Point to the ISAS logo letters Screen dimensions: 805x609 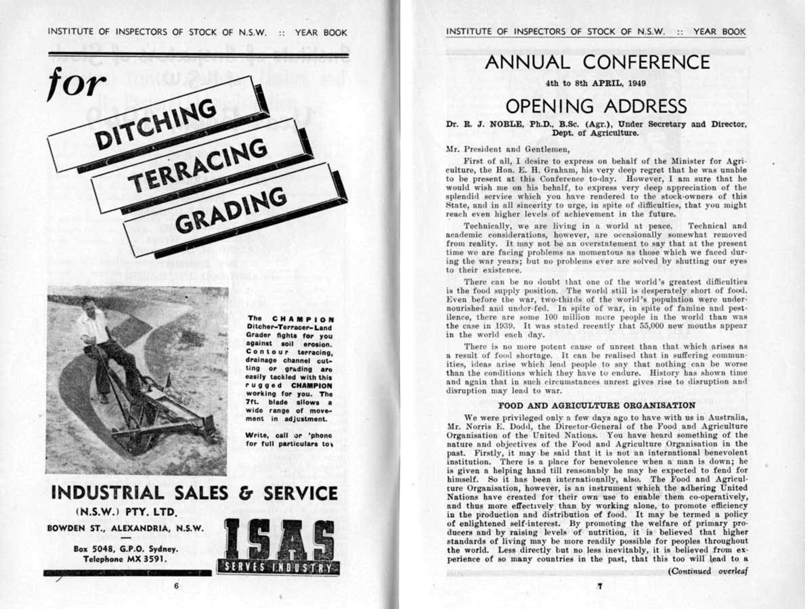pyautogui.click(x=278, y=541)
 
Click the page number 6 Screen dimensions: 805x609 pyautogui.click(x=177, y=586)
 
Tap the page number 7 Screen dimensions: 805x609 pyautogui.click(x=599, y=587)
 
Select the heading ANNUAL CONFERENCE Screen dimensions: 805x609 pyautogui.click(x=597, y=62)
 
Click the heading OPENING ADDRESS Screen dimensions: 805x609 pyautogui.click(x=596, y=106)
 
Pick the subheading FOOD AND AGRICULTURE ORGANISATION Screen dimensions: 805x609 pyautogui.click(x=596, y=405)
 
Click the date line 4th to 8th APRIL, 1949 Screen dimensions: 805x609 pyautogui.click(x=596, y=85)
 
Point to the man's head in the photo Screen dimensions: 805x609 pyautogui.click(x=88, y=305)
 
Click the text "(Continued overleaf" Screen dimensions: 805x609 pyautogui.click(x=706, y=570)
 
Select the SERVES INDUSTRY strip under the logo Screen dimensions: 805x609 pyautogui.click(x=278, y=567)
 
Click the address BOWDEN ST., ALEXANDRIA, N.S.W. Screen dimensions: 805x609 pyautogui.click(x=125, y=528)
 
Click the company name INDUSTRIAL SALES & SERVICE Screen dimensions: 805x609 pyautogui.click(x=194, y=493)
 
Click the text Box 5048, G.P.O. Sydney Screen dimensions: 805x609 pyautogui.click(x=126, y=549)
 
